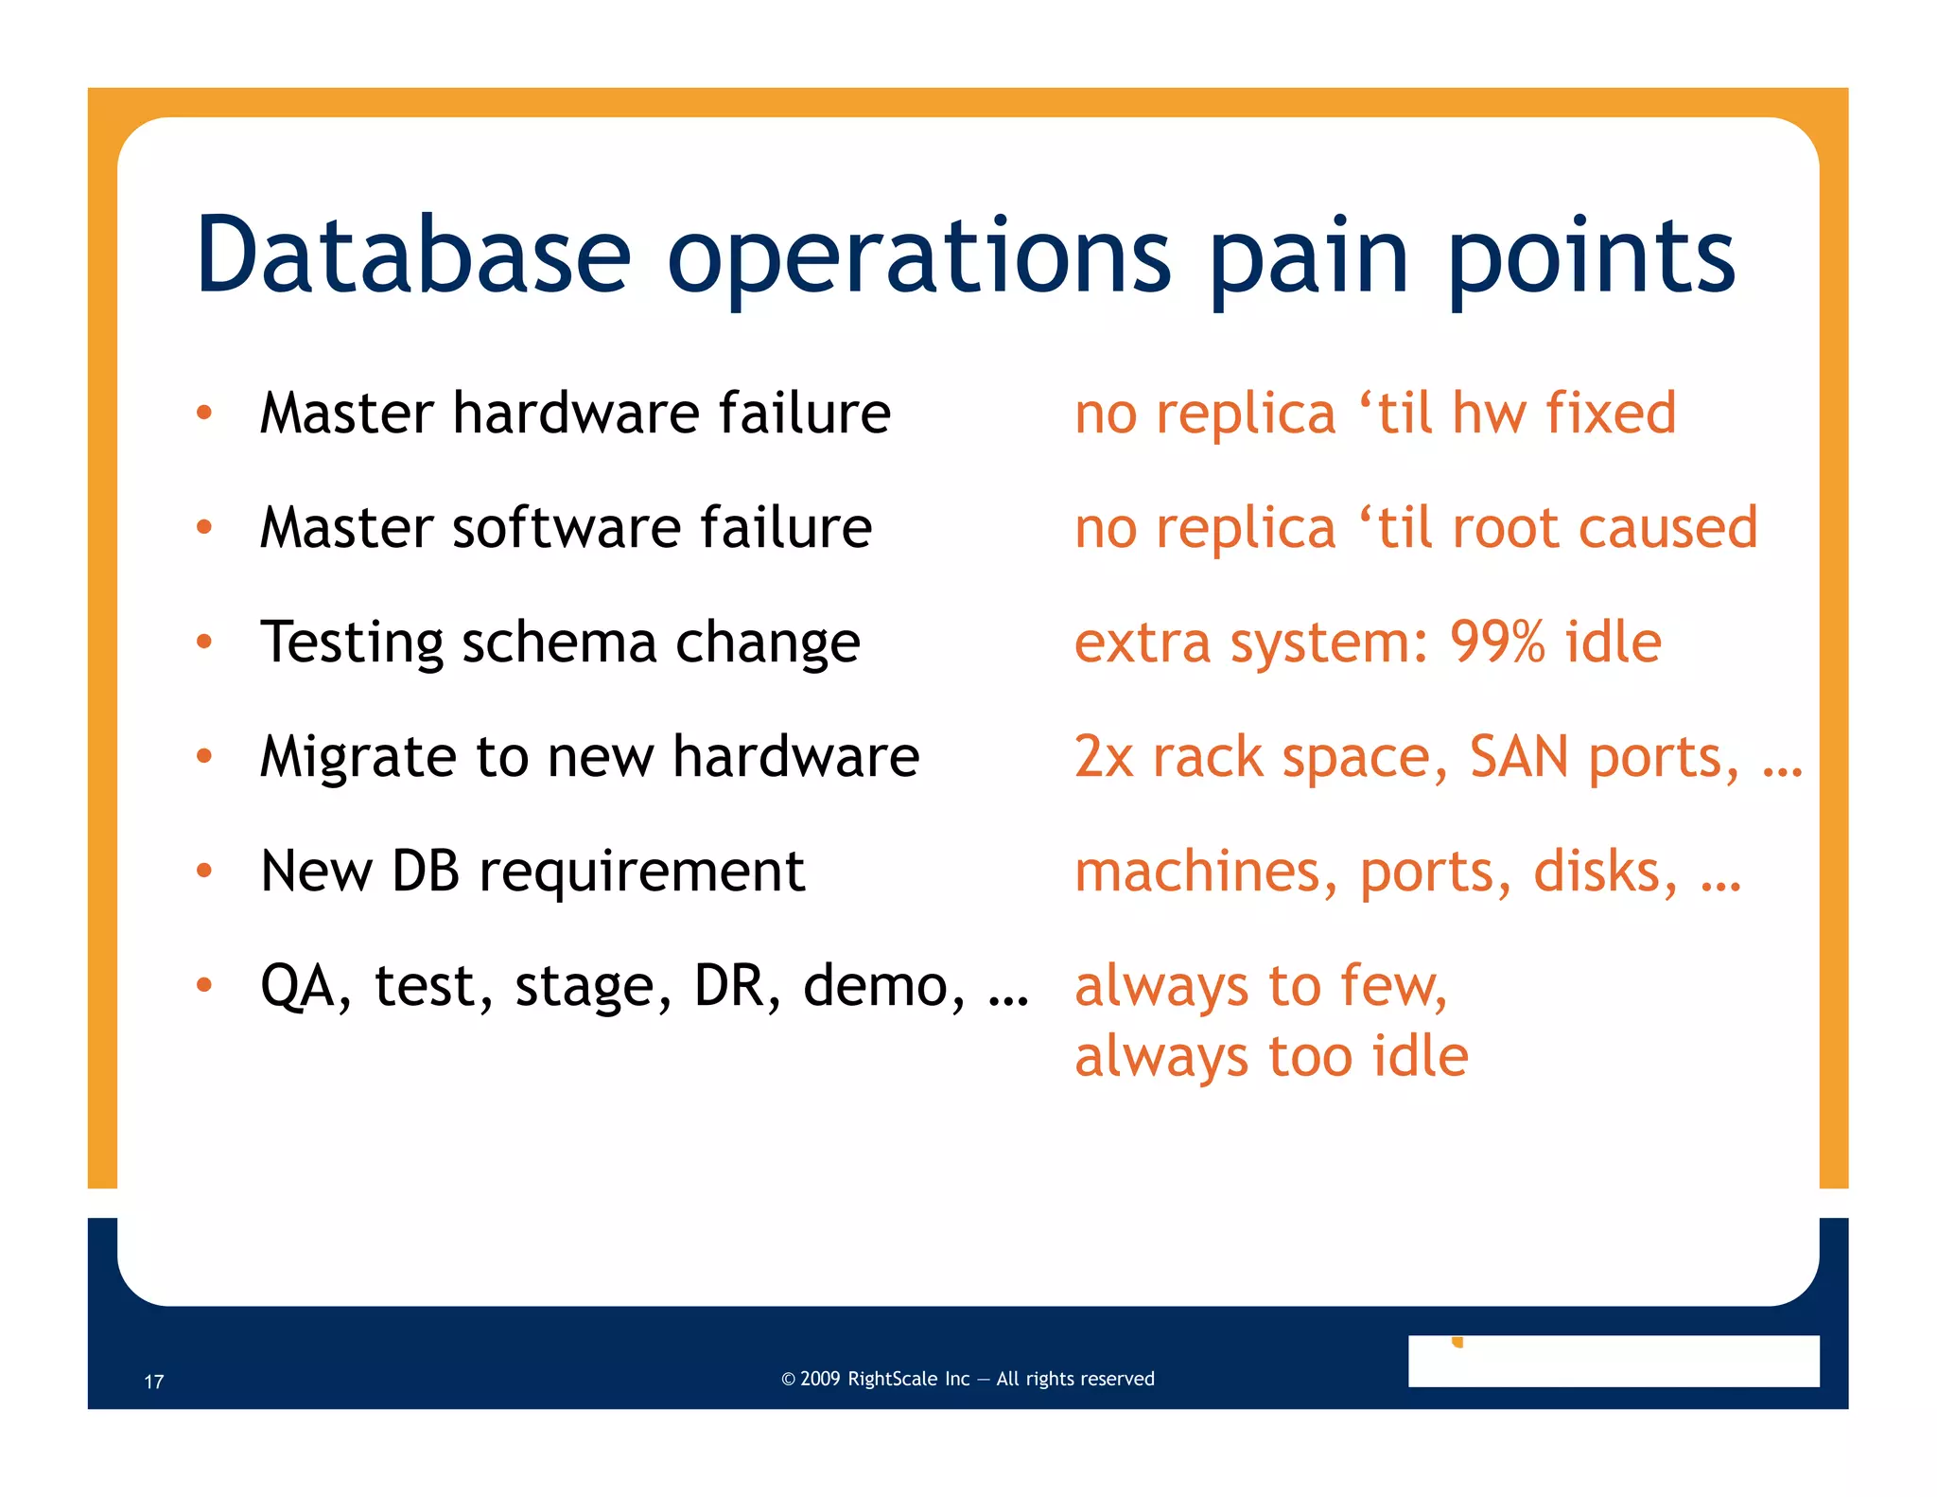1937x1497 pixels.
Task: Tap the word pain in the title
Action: tap(1309, 257)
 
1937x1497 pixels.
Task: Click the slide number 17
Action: tap(154, 1382)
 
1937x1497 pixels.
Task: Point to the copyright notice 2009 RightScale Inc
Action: tap(968, 1379)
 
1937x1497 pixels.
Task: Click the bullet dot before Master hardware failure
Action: tap(204, 413)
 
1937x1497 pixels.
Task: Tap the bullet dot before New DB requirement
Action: tap(204, 870)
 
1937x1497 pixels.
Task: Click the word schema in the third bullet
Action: tap(559, 643)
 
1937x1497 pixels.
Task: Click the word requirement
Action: tap(641, 871)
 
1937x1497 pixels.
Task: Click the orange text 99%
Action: tap(1497, 643)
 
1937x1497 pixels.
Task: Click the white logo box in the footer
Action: tap(1613, 1361)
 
